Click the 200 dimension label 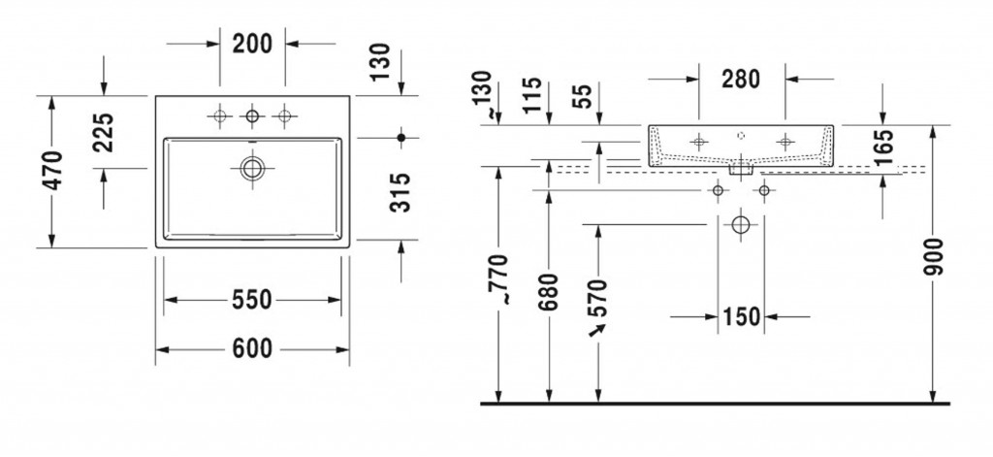click(x=252, y=44)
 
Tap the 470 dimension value click(x=52, y=171)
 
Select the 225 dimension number click(x=103, y=133)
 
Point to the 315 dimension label click(x=400, y=192)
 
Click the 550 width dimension click(x=251, y=300)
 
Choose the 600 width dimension click(x=252, y=348)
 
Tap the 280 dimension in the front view click(x=741, y=80)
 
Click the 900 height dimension click(x=934, y=256)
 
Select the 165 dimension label click(x=884, y=147)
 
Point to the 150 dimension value click(x=741, y=316)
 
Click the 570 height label click(x=597, y=299)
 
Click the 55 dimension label click(x=584, y=96)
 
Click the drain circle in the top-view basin click(x=251, y=168)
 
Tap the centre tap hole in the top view click(x=252, y=116)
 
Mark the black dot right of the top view click(x=400, y=137)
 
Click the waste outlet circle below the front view click(x=740, y=224)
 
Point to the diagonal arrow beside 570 click(x=597, y=330)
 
